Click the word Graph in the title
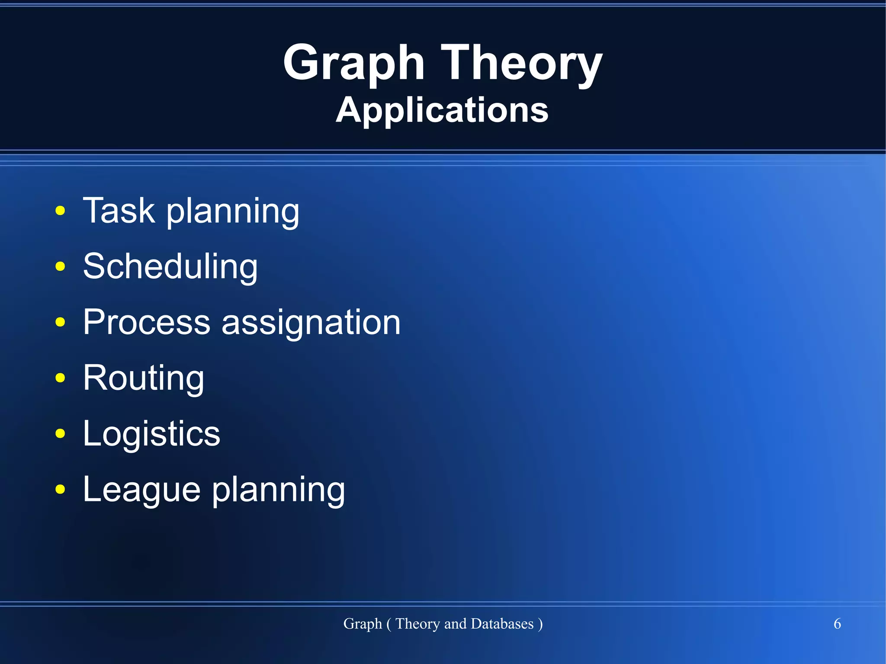pyautogui.click(x=353, y=64)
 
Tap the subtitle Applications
pyautogui.click(x=442, y=110)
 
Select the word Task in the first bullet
pyautogui.click(x=119, y=211)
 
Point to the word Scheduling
pyautogui.click(x=170, y=267)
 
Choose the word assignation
pyautogui.click(x=311, y=324)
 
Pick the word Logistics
pyautogui.click(x=151, y=434)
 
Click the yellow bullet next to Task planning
pyautogui.click(x=61, y=211)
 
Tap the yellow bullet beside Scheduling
pyautogui.click(x=61, y=267)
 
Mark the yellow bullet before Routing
pyautogui.click(x=61, y=378)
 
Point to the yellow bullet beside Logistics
pyautogui.click(x=61, y=434)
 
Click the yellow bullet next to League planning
pyautogui.click(x=61, y=490)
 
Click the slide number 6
pyautogui.click(x=837, y=624)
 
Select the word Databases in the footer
pyautogui.click(x=502, y=624)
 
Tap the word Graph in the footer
pyautogui.click(x=363, y=624)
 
